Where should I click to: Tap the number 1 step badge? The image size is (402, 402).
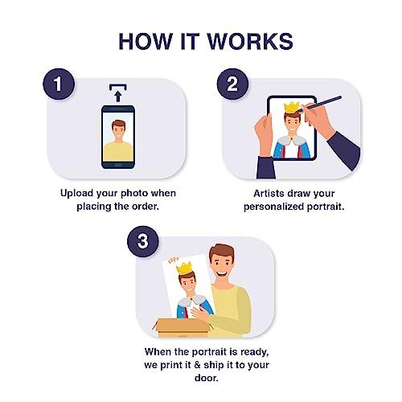tap(59, 84)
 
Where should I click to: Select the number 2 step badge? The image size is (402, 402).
tap(232, 84)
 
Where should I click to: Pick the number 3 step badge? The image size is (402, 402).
tap(143, 241)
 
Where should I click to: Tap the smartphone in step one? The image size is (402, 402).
tap(118, 137)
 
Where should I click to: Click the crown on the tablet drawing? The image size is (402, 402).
tap(292, 108)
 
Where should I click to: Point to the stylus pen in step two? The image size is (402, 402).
tap(319, 105)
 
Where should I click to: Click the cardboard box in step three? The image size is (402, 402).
tap(183, 328)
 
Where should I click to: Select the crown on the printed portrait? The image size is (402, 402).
tap(184, 268)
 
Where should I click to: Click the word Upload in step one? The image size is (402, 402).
tap(76, 194)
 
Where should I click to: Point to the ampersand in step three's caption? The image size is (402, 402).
tap(197, 365)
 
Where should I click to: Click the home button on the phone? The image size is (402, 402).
tap(118, 164)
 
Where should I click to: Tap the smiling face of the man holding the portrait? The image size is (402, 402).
tap(222, 264)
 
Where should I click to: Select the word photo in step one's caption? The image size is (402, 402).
tap(134, 194)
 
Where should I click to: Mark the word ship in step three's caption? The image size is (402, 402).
tap(214, 365)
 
